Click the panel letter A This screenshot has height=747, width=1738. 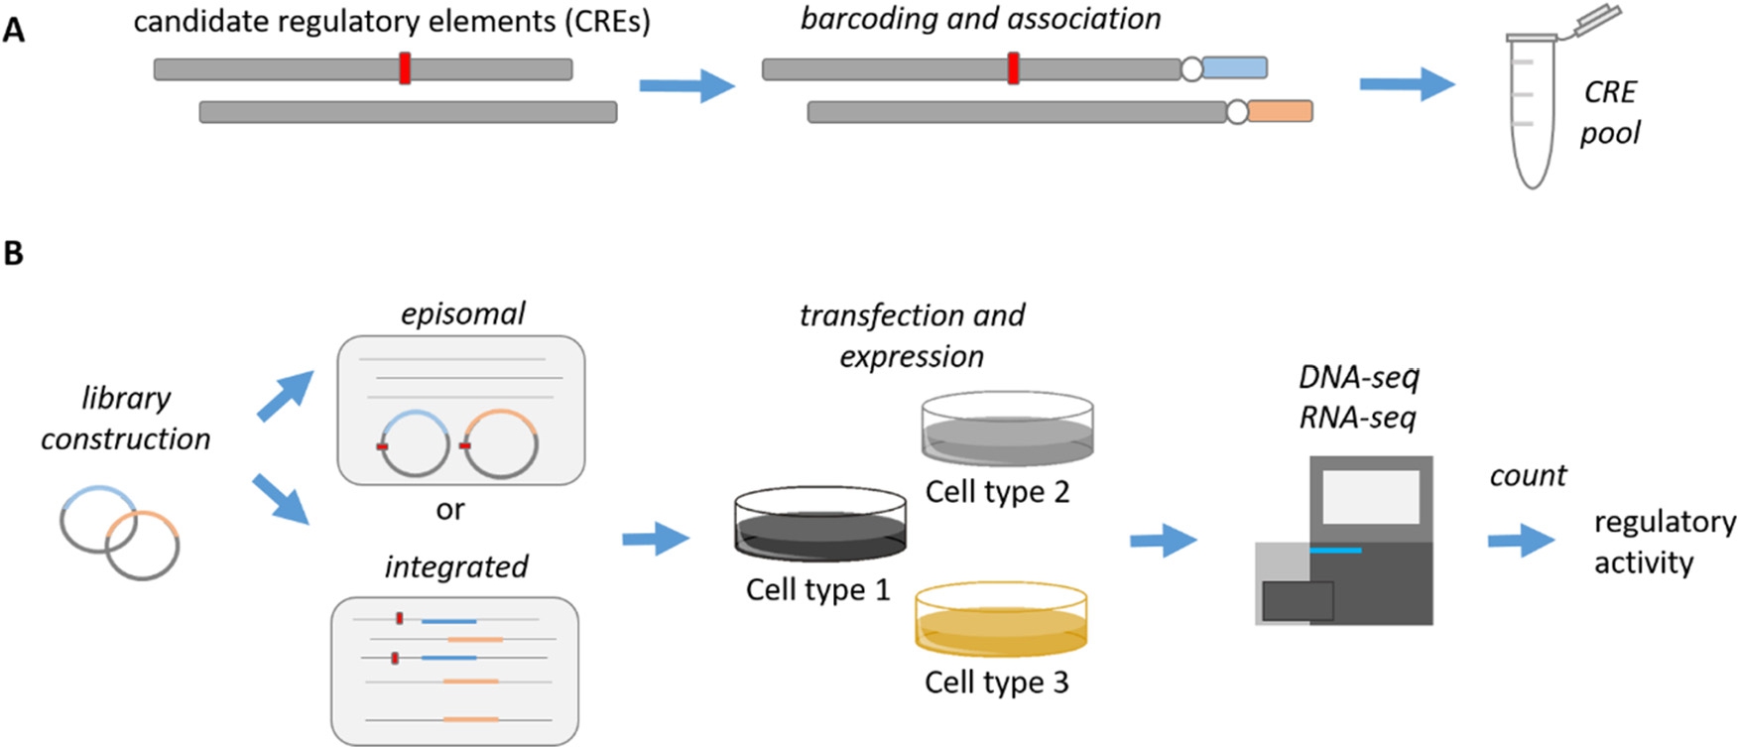[14, 30]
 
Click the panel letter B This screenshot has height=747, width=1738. [13, 253]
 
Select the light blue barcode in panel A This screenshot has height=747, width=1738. [1234, 67]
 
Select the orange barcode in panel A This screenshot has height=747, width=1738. [1280, 111]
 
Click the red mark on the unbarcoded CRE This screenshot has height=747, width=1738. [405, 68]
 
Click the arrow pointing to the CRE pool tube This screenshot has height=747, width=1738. [1406, 84]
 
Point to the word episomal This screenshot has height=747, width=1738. [462, 313]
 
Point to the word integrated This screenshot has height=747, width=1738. [456, 566]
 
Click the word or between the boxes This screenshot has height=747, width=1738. [449, 510]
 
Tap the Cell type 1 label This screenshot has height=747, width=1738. [817, 589]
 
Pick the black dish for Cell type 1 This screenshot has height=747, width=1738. [820, 525]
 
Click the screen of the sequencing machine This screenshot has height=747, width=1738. [1371, 497]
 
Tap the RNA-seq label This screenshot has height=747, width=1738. [1357, 418]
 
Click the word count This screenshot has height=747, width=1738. [1528, 475]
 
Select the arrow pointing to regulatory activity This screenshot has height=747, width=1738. [1521, 541]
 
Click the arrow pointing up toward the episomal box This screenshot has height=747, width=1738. [285, 396]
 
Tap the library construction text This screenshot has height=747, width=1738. [126, 418]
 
